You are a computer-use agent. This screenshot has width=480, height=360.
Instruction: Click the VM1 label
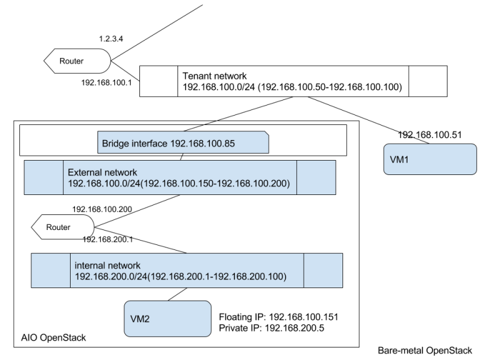pos(399,160)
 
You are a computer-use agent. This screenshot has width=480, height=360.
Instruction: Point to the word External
pos(85,172)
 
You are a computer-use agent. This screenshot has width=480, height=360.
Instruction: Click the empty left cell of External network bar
pos(44,177)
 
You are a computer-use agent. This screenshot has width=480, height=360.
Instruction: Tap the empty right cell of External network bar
pos(316,177)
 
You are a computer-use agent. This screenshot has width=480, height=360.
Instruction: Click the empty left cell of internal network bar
pos(51,270)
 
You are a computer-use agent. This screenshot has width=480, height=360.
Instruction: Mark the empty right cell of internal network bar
pos(323,270)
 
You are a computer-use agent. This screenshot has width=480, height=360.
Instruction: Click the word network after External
pos(120,172)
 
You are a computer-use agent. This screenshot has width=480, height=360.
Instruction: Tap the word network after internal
pos(123,265)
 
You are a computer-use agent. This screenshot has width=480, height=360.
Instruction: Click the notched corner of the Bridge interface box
pos(266,134)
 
